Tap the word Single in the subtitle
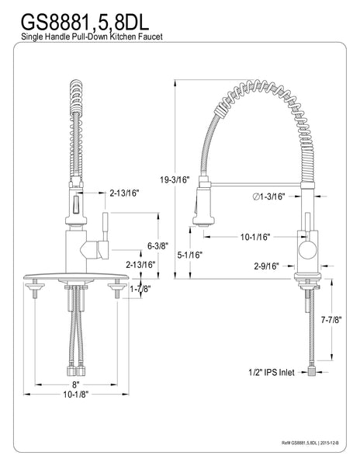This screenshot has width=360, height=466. point(22,37)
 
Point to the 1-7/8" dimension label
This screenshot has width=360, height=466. point(140,289)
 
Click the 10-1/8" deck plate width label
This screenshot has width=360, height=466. point(76,395)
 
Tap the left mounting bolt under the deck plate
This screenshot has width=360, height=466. point(37,291)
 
